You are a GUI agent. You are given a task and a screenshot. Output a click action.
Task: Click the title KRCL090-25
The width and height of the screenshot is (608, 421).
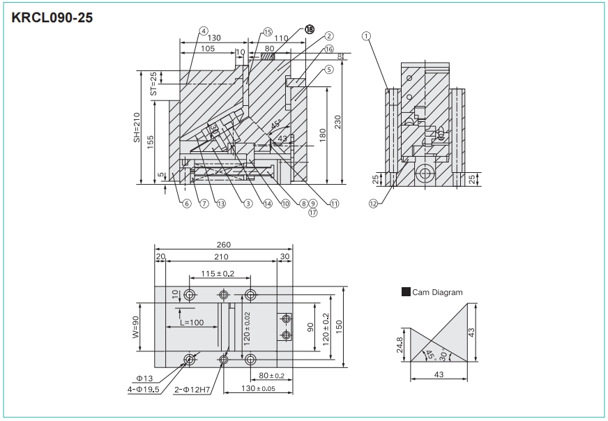tap(52, 17)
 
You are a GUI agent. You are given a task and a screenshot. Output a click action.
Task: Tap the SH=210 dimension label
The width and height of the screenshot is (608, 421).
tap(137, 128)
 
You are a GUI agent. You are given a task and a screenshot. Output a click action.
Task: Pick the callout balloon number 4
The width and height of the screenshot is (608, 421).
tap(203, 31)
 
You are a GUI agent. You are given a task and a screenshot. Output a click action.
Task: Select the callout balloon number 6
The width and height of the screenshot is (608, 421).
tap(187, 204)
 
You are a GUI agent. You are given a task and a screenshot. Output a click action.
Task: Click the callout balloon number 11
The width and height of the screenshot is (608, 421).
tap(335, 204)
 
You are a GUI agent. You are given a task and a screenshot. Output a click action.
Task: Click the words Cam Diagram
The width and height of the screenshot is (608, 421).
tap(437, 293)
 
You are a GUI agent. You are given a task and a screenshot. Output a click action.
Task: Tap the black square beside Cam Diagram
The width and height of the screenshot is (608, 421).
tap(406, 293)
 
